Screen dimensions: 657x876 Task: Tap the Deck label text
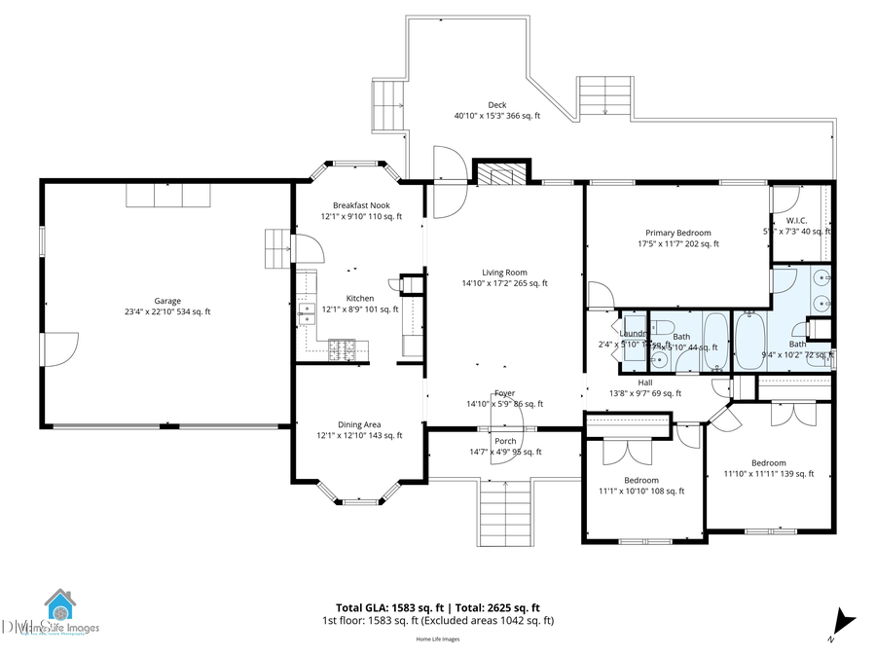coord(496,110)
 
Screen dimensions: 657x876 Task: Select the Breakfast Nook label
coord(360,210)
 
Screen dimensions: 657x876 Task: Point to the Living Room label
coord(504,277)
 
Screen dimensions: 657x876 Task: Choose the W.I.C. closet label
coord(797,226)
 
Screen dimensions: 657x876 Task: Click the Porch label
coord(504,446)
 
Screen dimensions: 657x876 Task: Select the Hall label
coord(644,387)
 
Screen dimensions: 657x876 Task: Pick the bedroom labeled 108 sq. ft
coord(641,485)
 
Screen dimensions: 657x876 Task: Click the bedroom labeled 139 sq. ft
coord(768,467)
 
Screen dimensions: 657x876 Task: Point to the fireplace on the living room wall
coord(502,172)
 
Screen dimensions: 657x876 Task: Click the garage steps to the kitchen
coord(278,248)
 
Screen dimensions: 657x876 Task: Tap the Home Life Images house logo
coord(59,608)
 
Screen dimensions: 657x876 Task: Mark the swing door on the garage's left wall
coord(60,348)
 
